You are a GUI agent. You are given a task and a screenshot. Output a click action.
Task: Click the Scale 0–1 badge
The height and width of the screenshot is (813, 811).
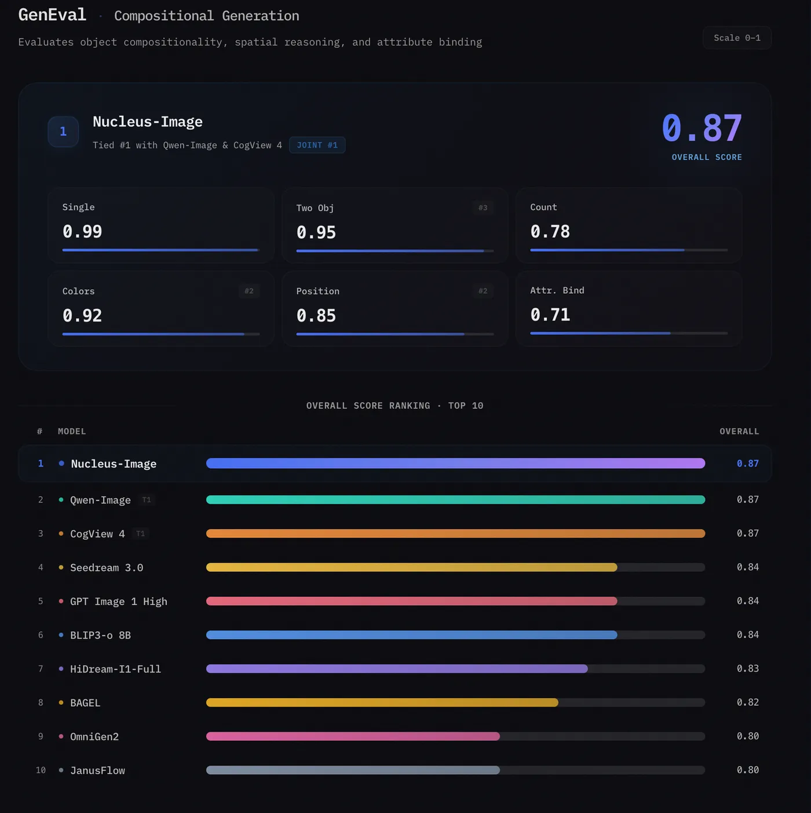tap(737, 38)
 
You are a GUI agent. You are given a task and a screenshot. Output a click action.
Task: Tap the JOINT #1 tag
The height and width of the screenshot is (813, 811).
tap(317, 145)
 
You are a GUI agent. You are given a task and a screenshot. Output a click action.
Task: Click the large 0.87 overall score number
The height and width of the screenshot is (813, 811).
tap(702, 128)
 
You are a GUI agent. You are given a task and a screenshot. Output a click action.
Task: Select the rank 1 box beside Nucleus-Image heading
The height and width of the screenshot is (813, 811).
tap(63, 132)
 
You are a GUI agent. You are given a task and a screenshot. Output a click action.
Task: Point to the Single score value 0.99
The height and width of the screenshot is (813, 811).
tap(82, 232)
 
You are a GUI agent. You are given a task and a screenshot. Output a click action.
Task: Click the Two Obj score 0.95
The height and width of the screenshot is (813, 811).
tap(316, 233)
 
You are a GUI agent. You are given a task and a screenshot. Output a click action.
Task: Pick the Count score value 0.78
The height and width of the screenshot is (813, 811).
tap(550, 232)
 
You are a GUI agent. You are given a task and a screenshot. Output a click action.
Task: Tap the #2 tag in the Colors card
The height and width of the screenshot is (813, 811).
tap(249, 291)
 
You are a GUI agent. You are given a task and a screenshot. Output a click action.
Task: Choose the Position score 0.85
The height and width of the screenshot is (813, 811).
tap(316, 316)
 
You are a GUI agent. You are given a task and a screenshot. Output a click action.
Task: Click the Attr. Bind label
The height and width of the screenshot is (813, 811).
tap(557, 290)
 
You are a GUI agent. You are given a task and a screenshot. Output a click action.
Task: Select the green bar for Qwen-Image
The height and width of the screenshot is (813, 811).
tap(455, 500)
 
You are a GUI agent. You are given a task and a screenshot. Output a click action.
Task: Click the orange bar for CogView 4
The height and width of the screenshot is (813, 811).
tap(455, 534)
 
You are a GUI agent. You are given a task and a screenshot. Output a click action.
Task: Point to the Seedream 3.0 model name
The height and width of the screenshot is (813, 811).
tap(107, 567)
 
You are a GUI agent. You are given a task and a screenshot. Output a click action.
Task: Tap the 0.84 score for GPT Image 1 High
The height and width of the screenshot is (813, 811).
tap(747, 601)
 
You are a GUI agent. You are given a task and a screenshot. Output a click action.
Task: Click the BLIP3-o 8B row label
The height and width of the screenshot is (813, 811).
tap(100, 635)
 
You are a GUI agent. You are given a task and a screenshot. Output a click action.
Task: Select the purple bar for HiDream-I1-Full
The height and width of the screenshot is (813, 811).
tap(397, 669)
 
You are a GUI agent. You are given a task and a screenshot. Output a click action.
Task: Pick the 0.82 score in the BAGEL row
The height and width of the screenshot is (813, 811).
tap(747, 702)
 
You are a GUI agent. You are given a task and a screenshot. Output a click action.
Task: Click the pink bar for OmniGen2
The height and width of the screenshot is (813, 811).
tap(353, 737)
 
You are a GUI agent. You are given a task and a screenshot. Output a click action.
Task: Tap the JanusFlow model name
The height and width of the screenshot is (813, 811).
tap(97, 770)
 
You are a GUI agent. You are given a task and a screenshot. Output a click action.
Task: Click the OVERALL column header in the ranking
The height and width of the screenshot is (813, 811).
tap(739, 431)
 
